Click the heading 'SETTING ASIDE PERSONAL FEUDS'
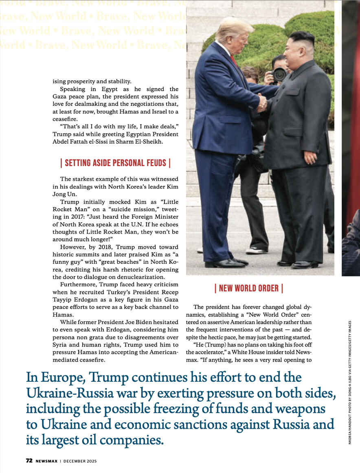115,163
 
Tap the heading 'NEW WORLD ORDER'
248,289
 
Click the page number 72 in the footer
29,461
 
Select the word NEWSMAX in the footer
46,461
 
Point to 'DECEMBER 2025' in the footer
80,461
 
